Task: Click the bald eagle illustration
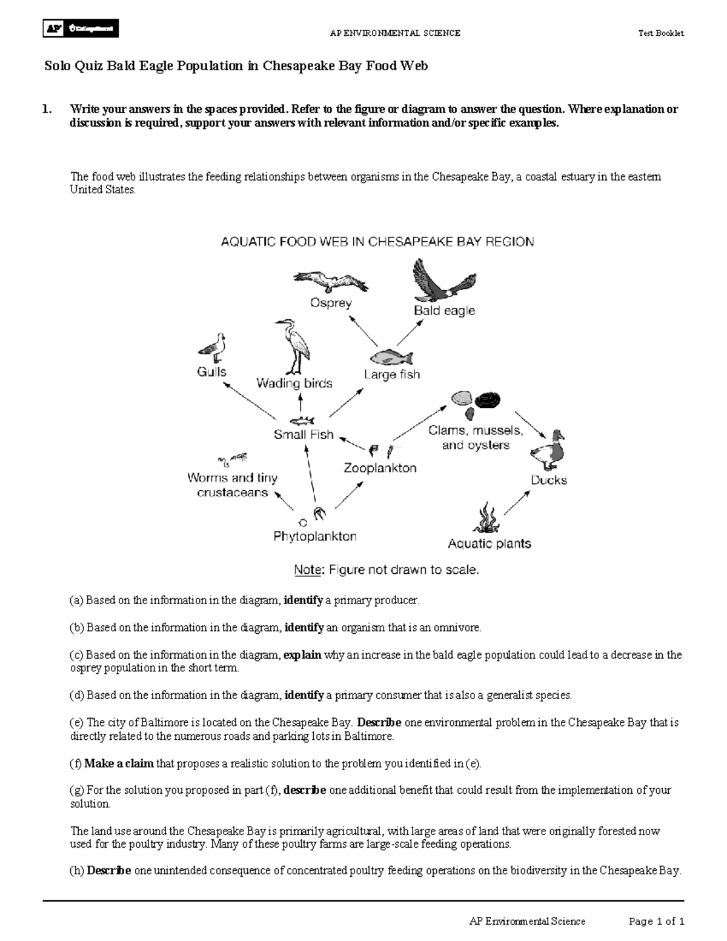click(444, 282)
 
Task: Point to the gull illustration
click(212, 347)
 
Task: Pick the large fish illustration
click(391, 357)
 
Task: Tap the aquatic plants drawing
click(486, 518)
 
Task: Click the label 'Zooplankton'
click(380, 468)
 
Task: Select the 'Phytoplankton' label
click(315, 536)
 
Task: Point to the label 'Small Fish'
click(304, 434)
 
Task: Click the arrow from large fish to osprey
click(363, 331)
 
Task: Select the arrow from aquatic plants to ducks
click(517, 503)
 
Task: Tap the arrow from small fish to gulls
click(250, 400)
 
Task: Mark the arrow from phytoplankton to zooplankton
click(349, 495)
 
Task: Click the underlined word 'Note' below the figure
click(307, 570)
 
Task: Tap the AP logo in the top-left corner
click(81, 28)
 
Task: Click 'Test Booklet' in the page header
click(661, 33)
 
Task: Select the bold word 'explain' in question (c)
click(302, 655)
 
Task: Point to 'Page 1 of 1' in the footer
click(657, 922)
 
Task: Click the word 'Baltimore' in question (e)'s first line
click(164, 722)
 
